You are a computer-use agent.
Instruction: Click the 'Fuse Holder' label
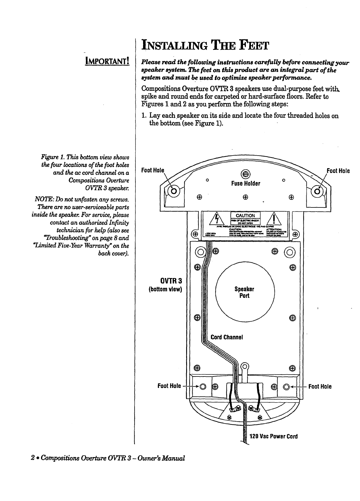point(246,183)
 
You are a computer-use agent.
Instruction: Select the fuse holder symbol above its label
point(246,175)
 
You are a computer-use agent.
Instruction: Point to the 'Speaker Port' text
point(244,292)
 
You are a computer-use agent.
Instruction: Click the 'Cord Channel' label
point(227,337)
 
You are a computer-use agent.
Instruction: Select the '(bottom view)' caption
point(166,289)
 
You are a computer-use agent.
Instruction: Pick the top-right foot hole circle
point(317,192)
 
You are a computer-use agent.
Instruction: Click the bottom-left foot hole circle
point(202,386)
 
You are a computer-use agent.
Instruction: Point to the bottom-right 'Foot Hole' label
point(320,386)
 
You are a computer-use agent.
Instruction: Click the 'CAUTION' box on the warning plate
point(245,216)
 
